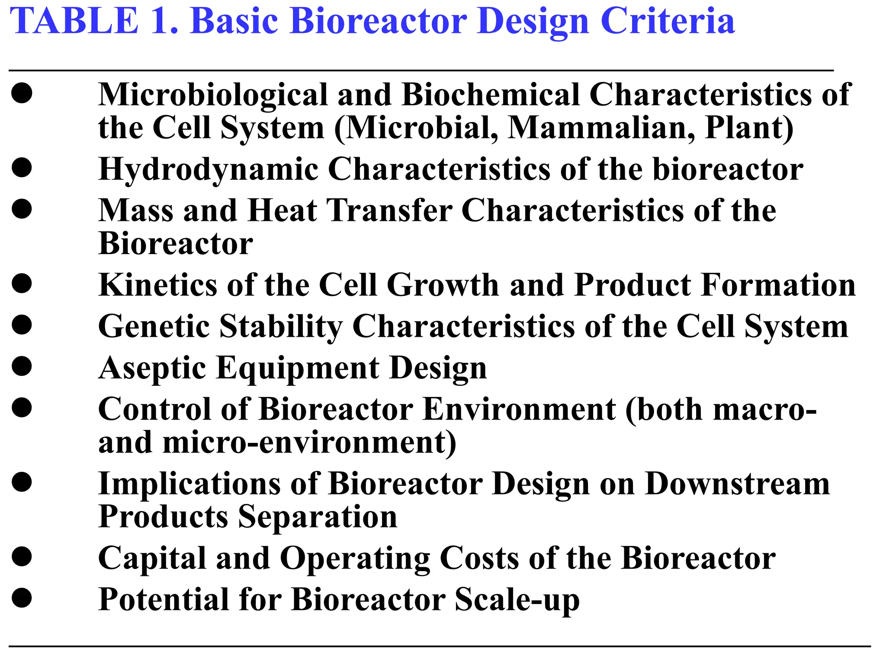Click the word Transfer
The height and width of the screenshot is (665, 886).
click(389, 210)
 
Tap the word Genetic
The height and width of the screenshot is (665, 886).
click(154, 326)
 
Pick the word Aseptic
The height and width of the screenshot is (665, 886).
click(152, 368)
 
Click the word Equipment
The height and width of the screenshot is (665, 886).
click(298, 368)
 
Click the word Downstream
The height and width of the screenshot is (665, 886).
click(737, 484)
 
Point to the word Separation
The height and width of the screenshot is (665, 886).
click(318, 517)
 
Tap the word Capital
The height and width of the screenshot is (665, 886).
click(152, 558)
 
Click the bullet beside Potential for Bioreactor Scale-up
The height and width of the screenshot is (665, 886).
click(22, 598)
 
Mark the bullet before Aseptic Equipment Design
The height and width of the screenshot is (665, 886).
click(22, 366)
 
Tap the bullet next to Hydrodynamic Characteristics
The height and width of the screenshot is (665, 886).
click(22, 168)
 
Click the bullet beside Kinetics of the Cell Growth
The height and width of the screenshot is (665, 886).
click(22, 284)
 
